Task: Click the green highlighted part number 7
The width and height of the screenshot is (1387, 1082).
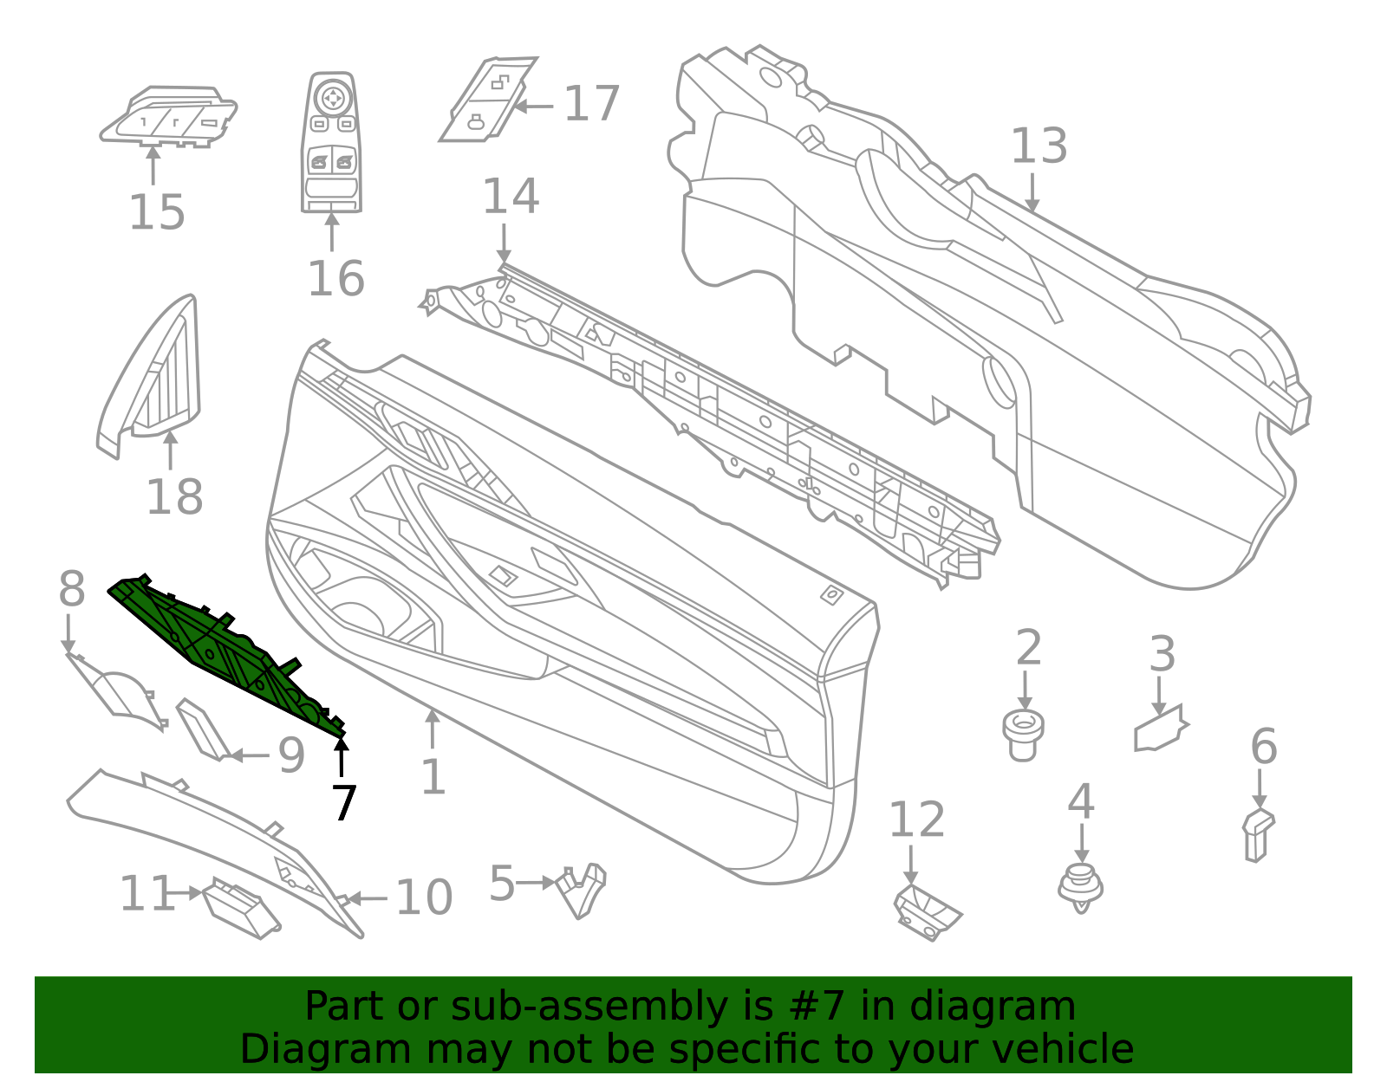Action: [x=224, y=653]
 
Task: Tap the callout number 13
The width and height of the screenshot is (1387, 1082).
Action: [x=1039, y=146]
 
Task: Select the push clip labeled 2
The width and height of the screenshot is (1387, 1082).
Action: [x=1023, y=735]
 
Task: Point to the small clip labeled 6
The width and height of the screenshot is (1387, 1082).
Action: [x=1258, y=835]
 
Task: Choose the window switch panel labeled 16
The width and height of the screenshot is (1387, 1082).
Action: [x=331, y=141]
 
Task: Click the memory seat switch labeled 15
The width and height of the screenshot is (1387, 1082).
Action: [x=168, y=117]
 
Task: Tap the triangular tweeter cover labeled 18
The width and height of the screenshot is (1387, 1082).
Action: [x=149, y=376]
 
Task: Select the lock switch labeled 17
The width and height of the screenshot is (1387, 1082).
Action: [x=488, y=99]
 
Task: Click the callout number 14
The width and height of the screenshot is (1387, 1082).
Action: [x=511, y=196]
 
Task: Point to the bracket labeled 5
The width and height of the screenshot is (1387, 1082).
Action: [x=580, y=891]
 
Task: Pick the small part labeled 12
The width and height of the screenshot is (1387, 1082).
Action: [x=927, y=912]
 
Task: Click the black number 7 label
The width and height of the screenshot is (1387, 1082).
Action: [x=343, y=803]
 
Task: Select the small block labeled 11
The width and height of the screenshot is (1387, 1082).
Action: [x=241, y=908]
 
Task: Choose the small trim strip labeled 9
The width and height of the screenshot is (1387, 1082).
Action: [x=203, y=730]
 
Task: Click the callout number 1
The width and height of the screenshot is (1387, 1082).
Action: [x=433, y=777]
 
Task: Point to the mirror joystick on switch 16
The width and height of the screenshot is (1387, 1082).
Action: [x=332, y=99]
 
